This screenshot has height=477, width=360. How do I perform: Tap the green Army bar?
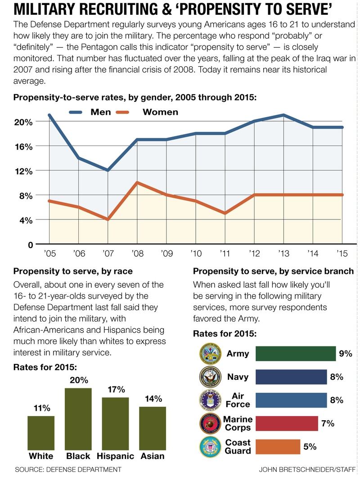tap(296, 354)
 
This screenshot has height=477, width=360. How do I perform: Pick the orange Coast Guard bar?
tap(278, 447)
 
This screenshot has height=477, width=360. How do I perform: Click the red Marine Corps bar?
tap(287, 423)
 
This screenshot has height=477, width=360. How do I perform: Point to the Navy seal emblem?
tap(210, 377)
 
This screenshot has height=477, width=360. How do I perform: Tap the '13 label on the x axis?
tap(283, 254)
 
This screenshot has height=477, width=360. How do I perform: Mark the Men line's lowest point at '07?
tap(108, 170)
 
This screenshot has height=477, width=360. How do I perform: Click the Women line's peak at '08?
tap(137, 182)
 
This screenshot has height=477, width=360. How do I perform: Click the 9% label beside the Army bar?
tap(345, 354)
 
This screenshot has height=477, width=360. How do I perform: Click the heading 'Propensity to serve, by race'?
tap(73, 271)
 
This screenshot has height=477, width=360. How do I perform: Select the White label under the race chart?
tap(41, 456)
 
